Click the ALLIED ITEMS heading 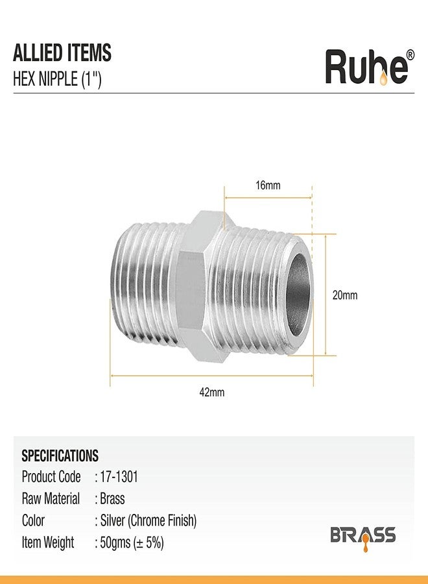pos(62,53)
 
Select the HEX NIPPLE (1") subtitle pos(57,79)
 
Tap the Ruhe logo pos(370,67)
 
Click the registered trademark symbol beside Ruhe pos(410,55)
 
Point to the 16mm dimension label pos(268,185)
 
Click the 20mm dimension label pos(344,295)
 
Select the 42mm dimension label pos(212,392)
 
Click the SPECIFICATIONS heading pos(60,456)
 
